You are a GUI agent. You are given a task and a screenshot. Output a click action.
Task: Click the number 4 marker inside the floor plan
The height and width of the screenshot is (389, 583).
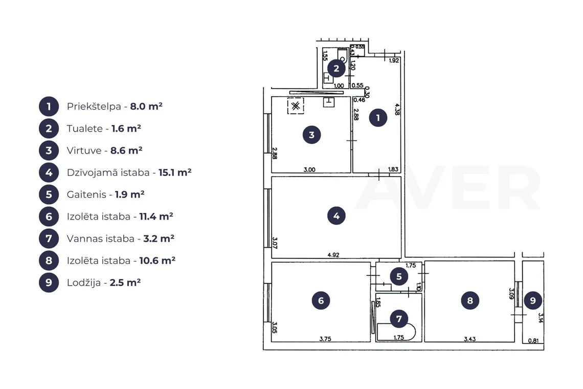click(336, 215)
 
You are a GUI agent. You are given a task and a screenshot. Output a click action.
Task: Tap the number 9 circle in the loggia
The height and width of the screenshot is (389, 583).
click(533, 300)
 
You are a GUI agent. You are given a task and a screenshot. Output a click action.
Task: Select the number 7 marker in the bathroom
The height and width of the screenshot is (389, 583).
click(399, 319)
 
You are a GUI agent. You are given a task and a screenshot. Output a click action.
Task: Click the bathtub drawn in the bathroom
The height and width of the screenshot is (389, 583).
click(396, 332)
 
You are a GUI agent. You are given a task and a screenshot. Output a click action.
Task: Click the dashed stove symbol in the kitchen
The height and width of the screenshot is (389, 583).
click(296, 106)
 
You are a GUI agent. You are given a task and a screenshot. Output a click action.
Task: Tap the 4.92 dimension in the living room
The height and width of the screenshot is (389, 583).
click(333, 255)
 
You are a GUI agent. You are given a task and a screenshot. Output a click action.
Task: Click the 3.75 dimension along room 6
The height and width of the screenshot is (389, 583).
click(325, 339)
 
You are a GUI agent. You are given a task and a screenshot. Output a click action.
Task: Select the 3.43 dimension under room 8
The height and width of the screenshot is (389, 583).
click(469, 339)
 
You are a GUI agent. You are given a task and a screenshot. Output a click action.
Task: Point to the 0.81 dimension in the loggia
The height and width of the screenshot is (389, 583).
click(533, 340)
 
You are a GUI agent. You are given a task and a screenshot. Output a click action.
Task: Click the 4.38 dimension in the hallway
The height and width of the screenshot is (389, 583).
click(397, 109)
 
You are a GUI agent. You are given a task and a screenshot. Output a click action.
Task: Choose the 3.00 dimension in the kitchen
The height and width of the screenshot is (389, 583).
click(309, 169)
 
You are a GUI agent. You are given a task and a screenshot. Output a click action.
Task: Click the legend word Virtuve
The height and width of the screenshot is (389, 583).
click(84, 150)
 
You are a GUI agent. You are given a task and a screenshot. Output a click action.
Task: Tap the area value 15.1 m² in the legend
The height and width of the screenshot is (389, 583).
click(175, 172)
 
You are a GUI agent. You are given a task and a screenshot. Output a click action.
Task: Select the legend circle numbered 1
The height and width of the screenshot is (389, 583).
click(49, 106)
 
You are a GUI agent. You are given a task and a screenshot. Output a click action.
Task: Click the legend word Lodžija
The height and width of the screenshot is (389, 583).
click(84, 283)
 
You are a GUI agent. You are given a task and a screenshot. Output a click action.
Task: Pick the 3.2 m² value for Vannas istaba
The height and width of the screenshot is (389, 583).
click(159, 238)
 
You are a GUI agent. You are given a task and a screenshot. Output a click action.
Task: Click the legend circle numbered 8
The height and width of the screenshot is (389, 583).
click(49, 261)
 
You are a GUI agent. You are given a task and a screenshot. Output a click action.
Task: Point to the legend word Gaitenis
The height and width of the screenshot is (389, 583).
click(86, 194)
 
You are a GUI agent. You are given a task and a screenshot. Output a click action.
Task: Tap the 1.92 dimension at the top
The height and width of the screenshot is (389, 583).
click(393, 60)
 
